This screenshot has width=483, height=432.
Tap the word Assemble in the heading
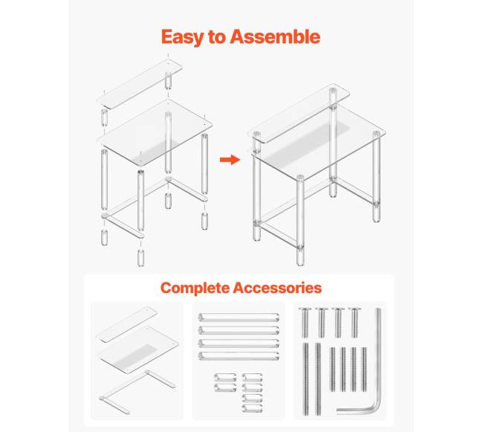[275, 36]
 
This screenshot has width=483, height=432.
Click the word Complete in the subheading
[195, 288]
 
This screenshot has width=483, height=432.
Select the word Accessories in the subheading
[277, 288]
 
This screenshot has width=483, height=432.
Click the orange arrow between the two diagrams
[230, 160]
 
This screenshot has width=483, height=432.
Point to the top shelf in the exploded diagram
[140, 83]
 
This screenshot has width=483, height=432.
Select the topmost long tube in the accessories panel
[239, 317]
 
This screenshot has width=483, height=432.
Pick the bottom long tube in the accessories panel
[239, 356]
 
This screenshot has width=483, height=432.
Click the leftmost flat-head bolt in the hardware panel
[305, 323]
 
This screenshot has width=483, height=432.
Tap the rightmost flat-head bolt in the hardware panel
[355, 323]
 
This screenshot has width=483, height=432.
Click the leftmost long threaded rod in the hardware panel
[306, 379]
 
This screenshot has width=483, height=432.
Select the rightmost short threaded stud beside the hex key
[364, 370]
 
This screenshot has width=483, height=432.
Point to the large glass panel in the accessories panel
[137, 349]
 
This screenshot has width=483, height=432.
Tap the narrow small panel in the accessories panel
[127, 325]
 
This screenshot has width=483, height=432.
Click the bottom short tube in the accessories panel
[253, 408]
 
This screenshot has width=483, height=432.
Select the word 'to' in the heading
[217, 37]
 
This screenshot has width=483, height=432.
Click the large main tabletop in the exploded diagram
[155, 132]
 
